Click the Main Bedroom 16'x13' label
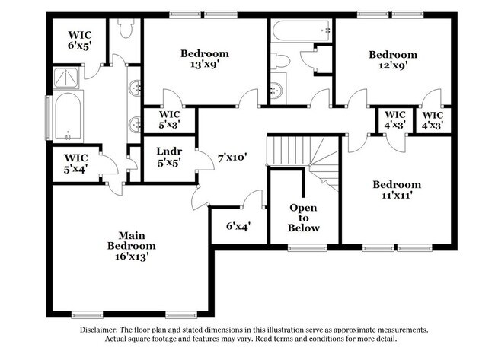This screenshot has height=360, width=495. tap(131, 246)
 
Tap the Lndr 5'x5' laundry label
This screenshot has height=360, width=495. tap(169, 157)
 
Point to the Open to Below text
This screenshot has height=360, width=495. tap(303, 218)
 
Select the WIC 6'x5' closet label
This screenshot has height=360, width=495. tap(80, 40)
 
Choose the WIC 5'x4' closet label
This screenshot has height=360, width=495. tap(76, 163)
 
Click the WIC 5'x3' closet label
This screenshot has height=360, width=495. tap(170, 119)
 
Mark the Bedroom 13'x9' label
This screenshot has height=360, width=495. tap(205, 59)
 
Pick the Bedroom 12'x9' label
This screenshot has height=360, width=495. tap(393, 60)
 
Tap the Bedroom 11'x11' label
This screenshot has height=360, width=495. tap(397, 190)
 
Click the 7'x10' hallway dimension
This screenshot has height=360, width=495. tap(232, 157)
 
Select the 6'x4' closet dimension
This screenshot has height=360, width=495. tap(238, 226)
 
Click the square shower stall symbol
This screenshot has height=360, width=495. tap(65, 78)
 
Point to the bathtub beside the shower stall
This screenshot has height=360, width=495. tap(68, 116)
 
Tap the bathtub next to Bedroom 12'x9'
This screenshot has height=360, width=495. tap(301, 30)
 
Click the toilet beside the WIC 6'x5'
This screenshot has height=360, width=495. tap(126, 27)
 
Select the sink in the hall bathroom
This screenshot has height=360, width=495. tap(277, 91)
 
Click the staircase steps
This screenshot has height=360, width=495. tap(303, 161)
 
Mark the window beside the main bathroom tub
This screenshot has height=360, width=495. tap(48, 118)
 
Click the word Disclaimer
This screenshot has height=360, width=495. tap(99, 330)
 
